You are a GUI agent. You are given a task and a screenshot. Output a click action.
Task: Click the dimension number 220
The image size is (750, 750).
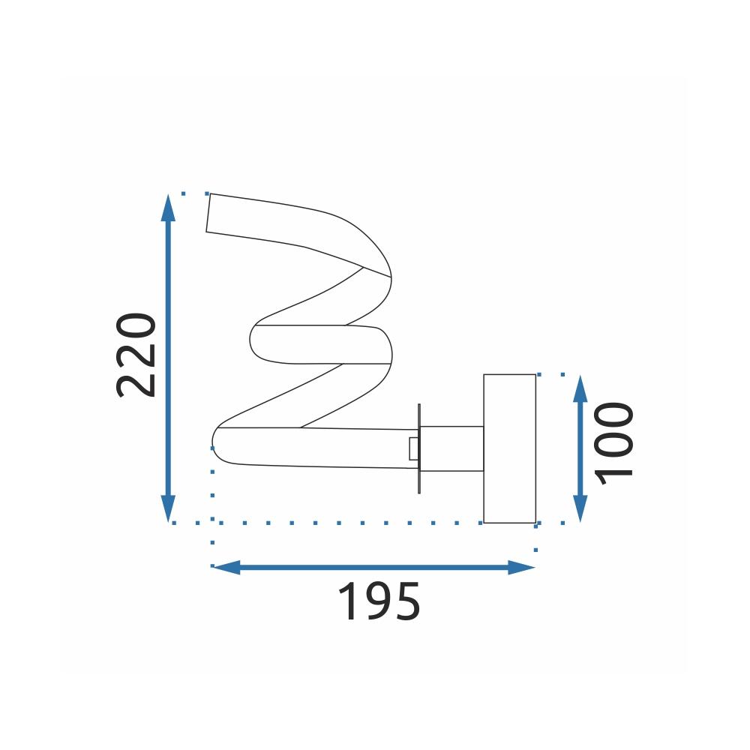(136, 355)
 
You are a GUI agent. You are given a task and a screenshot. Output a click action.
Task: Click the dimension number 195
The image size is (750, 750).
(379, 601)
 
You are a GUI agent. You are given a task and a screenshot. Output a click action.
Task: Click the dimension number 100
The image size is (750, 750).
(613, 444)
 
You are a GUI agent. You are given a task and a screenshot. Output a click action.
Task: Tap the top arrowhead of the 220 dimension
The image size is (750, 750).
(167, 208)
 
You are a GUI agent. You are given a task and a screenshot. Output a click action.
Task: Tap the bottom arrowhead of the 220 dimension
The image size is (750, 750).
(168, 508)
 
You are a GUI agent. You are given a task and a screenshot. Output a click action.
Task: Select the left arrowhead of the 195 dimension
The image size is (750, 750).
(226, 567)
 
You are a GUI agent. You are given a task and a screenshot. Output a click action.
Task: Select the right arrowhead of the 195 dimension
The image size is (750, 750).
(521, 567)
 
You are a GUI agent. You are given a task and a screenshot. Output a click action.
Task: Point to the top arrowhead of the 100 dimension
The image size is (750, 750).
(580, 388)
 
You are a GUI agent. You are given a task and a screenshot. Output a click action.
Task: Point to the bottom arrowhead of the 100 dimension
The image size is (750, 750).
(580, 508)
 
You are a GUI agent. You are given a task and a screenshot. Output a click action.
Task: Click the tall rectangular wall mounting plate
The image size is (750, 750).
(509, 448)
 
